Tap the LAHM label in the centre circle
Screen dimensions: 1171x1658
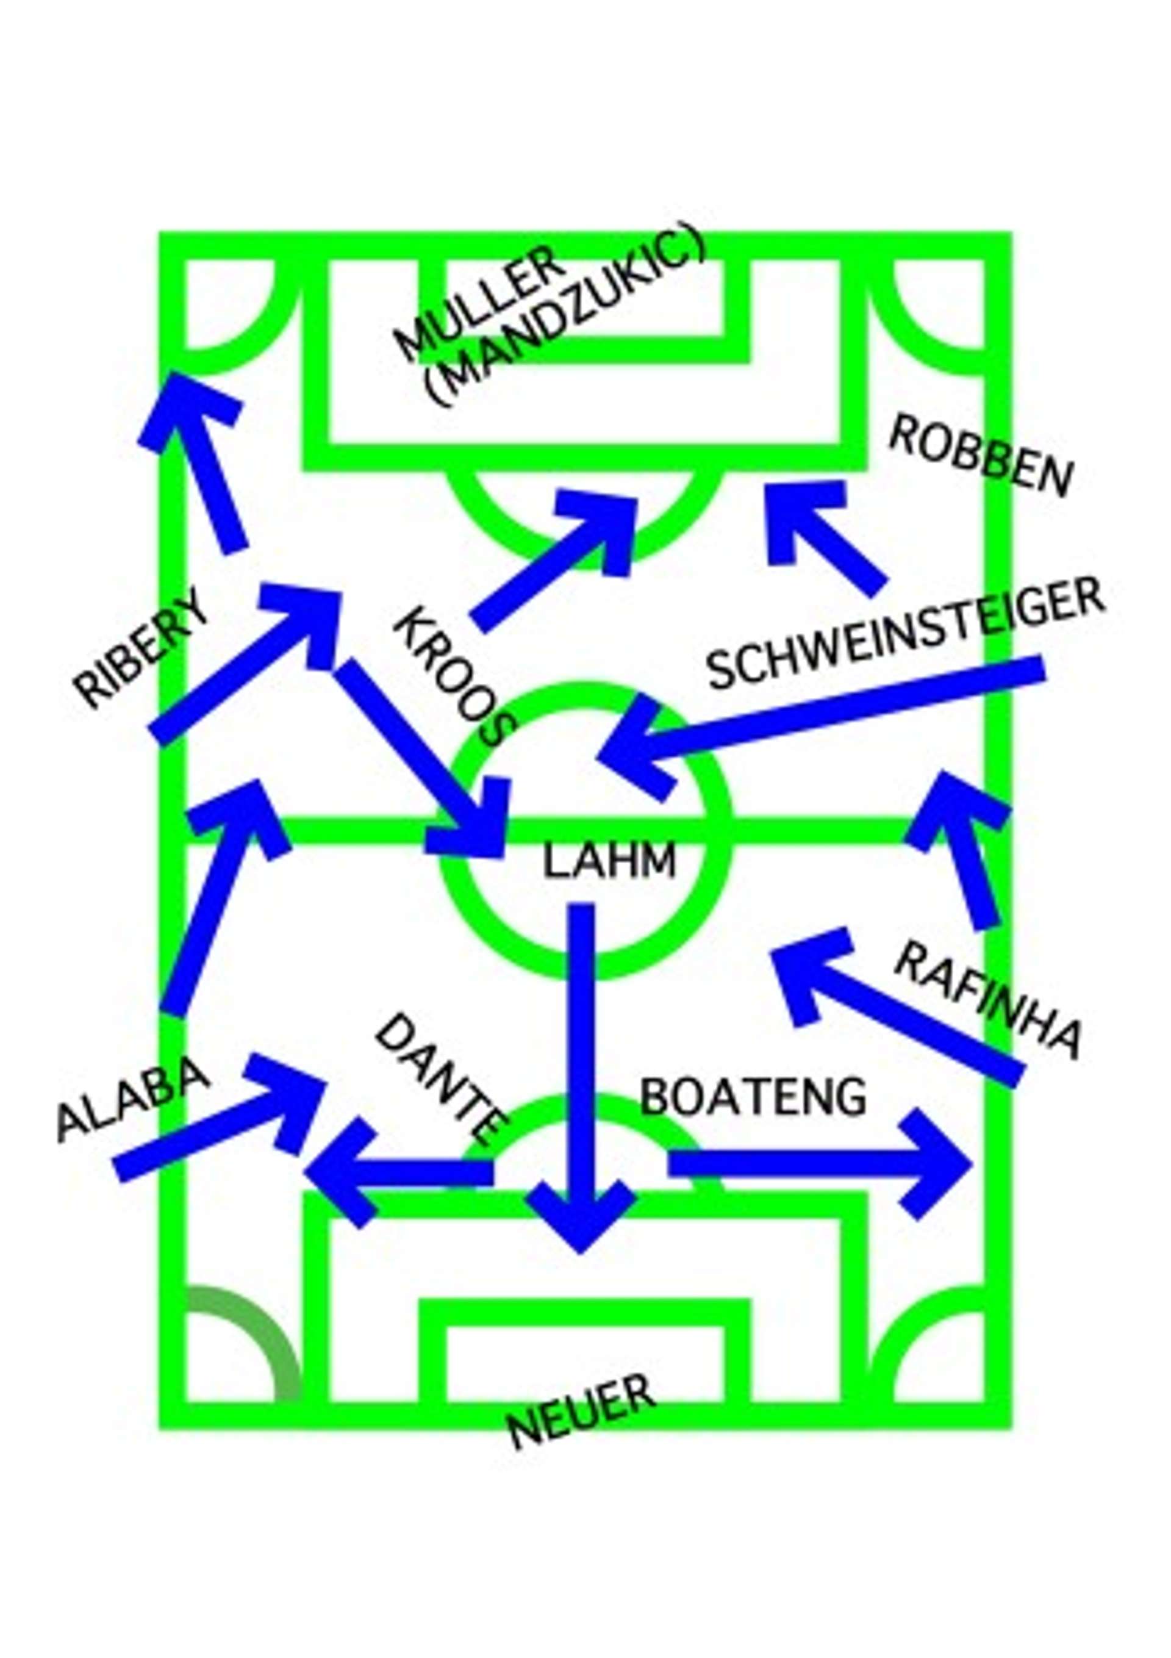pos(609,861)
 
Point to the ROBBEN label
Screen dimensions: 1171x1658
pos(980,458)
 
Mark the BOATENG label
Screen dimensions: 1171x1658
pos(753,1097)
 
